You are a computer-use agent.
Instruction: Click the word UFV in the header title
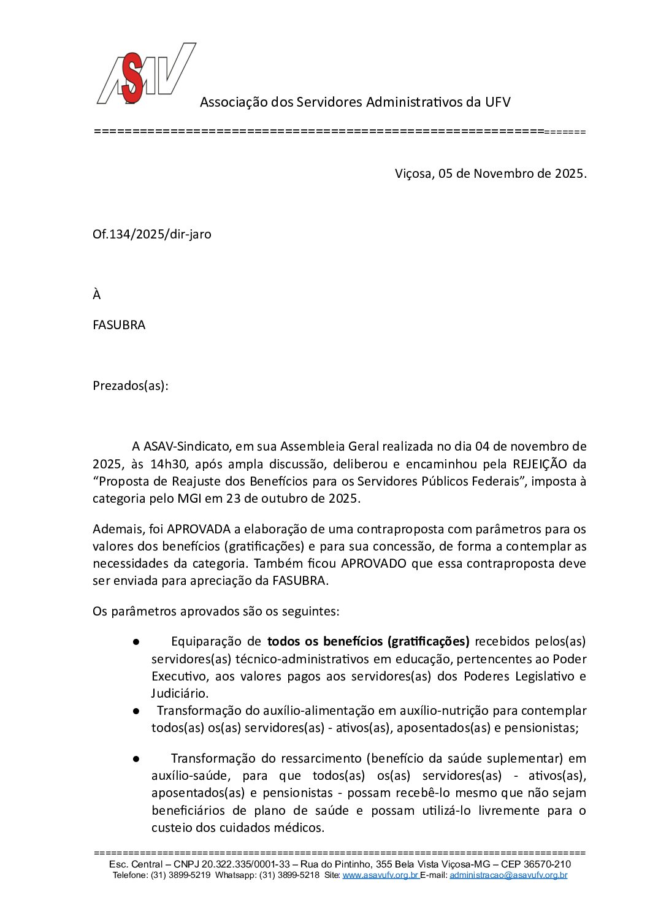497,102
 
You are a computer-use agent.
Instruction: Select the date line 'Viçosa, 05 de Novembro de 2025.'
491,174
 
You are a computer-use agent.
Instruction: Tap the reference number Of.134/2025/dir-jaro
152,234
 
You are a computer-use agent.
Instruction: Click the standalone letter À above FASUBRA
96,295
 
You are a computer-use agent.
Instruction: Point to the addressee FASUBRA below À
119,325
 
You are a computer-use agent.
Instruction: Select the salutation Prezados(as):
130,386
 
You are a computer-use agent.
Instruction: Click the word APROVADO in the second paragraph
373,563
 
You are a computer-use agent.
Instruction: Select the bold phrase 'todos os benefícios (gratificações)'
369,642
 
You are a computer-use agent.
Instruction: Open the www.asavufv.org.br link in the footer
380,875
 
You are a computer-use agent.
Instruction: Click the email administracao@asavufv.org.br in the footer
508,875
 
